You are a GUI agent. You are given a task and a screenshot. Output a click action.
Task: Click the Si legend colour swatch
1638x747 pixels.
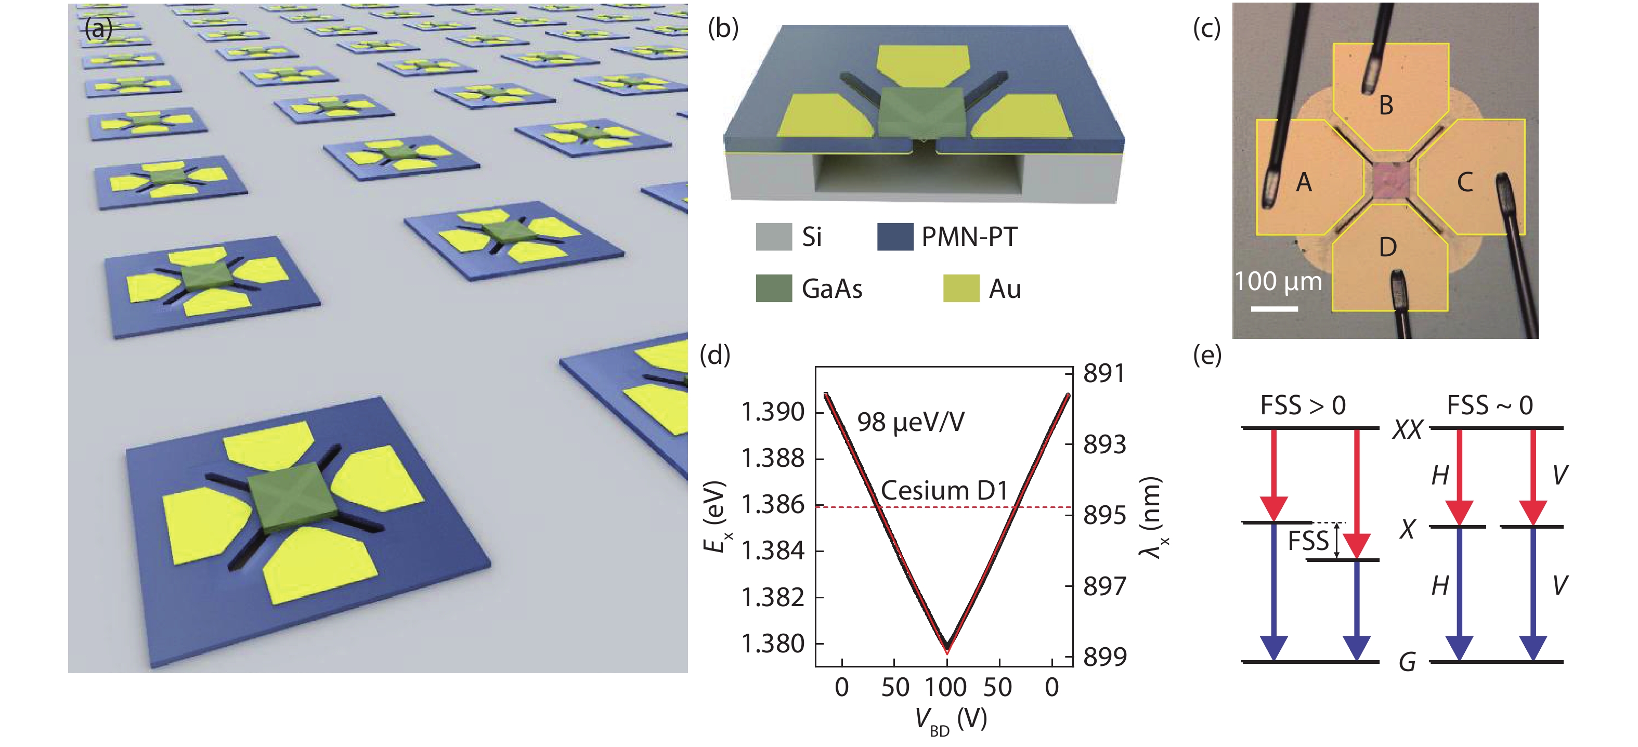(x=773, y=237)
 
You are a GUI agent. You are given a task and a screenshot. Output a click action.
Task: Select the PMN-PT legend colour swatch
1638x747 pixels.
(x=895, y=237)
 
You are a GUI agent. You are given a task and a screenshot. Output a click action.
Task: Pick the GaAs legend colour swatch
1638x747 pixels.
(x=773, y=288)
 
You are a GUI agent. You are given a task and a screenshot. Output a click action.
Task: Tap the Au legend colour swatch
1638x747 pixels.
(x=961, y=288)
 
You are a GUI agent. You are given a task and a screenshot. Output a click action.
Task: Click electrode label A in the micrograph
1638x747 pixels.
(x=1304, y=182)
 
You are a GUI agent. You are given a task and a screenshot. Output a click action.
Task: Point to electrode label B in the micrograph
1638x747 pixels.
(x=1386, y=106)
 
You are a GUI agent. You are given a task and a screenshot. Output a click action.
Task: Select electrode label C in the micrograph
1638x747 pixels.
(x=1465, y=182)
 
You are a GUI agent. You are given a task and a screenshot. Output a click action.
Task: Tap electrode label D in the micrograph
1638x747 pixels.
(x=1387, y=247)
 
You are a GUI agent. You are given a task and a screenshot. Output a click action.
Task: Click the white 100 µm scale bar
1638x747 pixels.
(x=1275, y=309)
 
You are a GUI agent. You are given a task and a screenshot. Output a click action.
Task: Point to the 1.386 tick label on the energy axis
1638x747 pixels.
(x=773, y=505)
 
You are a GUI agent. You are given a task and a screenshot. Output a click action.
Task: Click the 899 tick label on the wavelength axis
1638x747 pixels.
(x=1104, y=657)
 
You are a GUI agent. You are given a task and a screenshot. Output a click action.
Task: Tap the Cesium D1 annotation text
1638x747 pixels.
(x=944, y=491)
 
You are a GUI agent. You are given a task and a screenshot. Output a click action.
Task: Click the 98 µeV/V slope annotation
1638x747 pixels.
(x=911, y=422)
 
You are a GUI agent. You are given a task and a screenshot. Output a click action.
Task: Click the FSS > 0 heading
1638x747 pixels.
(x=1303, y=405)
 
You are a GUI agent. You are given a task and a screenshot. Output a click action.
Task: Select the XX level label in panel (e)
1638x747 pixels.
(x=1407, y=430)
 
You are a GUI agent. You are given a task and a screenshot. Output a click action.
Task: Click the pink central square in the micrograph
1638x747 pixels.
(x=1390, y=182)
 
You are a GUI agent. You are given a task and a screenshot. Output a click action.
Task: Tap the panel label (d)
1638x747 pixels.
(x=714, y=355)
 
